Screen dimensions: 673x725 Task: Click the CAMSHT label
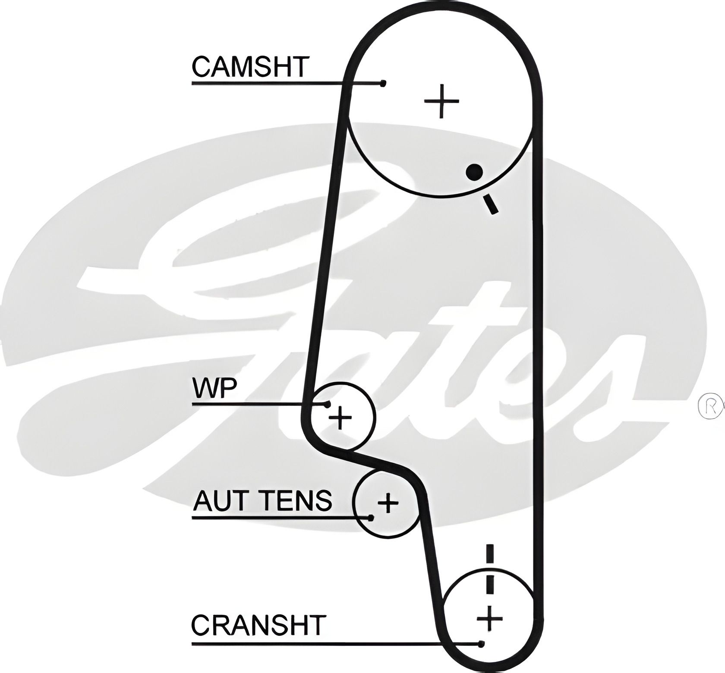click(251, 66)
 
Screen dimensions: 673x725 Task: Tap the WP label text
click(215, 388)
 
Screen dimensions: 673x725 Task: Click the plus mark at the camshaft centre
click(441, 101)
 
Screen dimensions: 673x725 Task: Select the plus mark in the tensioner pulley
click(388, 502)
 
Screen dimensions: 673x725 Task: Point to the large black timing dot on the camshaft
click(474, 172)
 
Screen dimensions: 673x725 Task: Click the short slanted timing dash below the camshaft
click(491, 204)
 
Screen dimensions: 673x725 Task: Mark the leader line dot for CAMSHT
click(382, 83)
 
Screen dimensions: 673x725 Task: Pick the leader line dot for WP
click(328, 404)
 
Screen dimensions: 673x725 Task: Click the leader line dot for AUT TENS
click(370, 517)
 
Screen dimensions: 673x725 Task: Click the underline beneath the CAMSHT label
click(268, 83)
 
